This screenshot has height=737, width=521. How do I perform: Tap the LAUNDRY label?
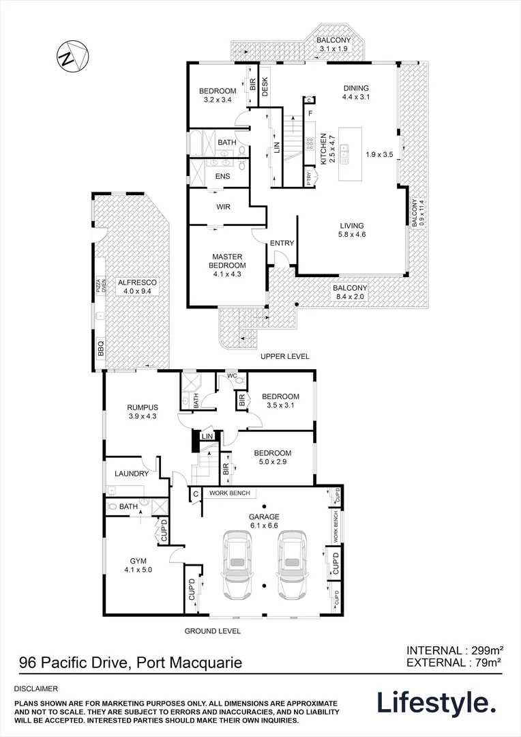tap(132, 474)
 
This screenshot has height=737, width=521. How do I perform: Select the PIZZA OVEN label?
tap(99, 285)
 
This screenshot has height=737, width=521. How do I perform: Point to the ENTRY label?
tap(282, 244)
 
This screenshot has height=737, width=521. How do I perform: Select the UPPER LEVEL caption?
tap(285, 357)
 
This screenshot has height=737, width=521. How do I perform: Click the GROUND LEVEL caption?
tap(213, 631)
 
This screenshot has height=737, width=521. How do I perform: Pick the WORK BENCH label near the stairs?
tap(229, 493)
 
